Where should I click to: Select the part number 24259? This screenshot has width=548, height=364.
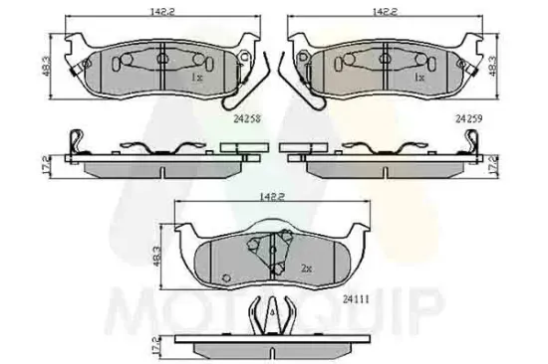point(469,116)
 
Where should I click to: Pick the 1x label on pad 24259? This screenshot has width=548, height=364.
point(418,77)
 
